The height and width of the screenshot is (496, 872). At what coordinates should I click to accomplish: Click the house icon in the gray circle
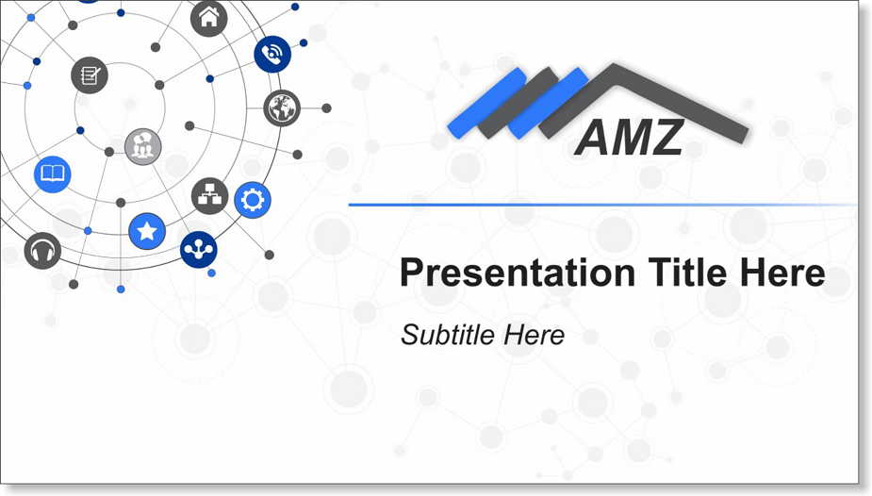pos(209,18)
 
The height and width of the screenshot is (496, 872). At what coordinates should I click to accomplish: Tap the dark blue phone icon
pos(272,54)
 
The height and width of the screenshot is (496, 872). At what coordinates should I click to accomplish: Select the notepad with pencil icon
pos(90,75)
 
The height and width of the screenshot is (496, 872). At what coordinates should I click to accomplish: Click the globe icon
pos(282,107)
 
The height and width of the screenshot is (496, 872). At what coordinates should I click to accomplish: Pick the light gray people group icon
pos(143,147)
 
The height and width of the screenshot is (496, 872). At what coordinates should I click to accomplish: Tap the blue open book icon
pos(52,174)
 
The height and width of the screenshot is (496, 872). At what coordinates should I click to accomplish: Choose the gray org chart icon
pos(209,196)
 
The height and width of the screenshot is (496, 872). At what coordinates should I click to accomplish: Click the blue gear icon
pos(253,200)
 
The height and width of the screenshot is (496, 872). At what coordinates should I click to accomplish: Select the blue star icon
pos(147,231)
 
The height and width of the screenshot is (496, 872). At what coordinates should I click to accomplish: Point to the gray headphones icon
pos(42,251)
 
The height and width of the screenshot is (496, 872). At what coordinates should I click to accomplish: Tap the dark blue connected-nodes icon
pos(199,250)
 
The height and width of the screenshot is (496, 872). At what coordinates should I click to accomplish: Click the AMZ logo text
pos(629,138)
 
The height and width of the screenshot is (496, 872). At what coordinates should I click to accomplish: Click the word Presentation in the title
pos(518,273)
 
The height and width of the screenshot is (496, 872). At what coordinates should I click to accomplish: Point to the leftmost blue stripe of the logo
pos(486,103)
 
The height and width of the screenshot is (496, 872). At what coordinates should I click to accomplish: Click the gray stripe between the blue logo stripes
pos(518,103)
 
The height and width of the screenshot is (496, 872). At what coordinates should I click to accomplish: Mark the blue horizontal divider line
pos(602,206)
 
